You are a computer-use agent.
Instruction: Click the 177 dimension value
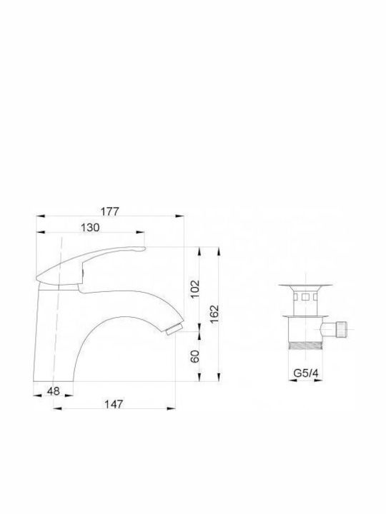[109, 211]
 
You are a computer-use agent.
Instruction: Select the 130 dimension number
[90, 227]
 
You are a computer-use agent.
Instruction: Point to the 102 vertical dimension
[195, 288]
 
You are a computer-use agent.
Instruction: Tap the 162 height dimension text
[214, 314]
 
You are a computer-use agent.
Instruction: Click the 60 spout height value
[195, 356]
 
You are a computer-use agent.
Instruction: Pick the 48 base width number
[54, 390]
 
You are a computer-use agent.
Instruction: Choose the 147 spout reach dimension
[114, 404]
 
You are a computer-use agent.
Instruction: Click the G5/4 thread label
[306, 373]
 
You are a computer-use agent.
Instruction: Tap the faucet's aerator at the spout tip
[174, 329]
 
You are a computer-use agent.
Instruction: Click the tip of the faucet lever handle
[144, 249]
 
